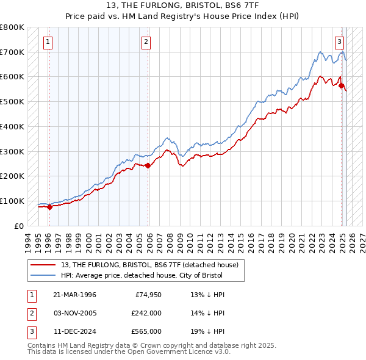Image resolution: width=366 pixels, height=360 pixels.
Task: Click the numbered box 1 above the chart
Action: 48,42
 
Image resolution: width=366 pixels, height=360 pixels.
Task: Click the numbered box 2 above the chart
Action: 146,42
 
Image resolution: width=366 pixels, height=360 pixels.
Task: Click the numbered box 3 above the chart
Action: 339,42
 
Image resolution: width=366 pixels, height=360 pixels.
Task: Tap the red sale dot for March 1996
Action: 49,207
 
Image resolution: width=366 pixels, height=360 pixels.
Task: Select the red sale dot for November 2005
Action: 148,165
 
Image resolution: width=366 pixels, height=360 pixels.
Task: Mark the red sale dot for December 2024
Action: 342,85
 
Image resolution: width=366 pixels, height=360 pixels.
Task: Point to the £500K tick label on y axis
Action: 12,101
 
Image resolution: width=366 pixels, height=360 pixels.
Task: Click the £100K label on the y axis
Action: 12,201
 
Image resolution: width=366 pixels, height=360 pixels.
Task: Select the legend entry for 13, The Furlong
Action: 152,265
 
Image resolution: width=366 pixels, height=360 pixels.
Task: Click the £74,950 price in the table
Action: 146,295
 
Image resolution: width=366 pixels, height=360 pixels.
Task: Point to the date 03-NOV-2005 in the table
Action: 75,313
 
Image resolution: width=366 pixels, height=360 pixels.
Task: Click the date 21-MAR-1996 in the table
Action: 75,295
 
